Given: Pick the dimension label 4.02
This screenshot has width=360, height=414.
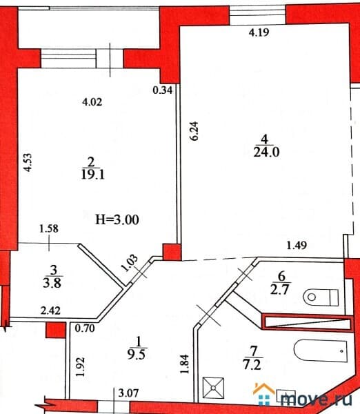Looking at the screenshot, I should pyautogui.click(x=92, y=103).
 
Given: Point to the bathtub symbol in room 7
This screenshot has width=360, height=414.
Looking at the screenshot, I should pyautogui.click(x=319, y=352).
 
